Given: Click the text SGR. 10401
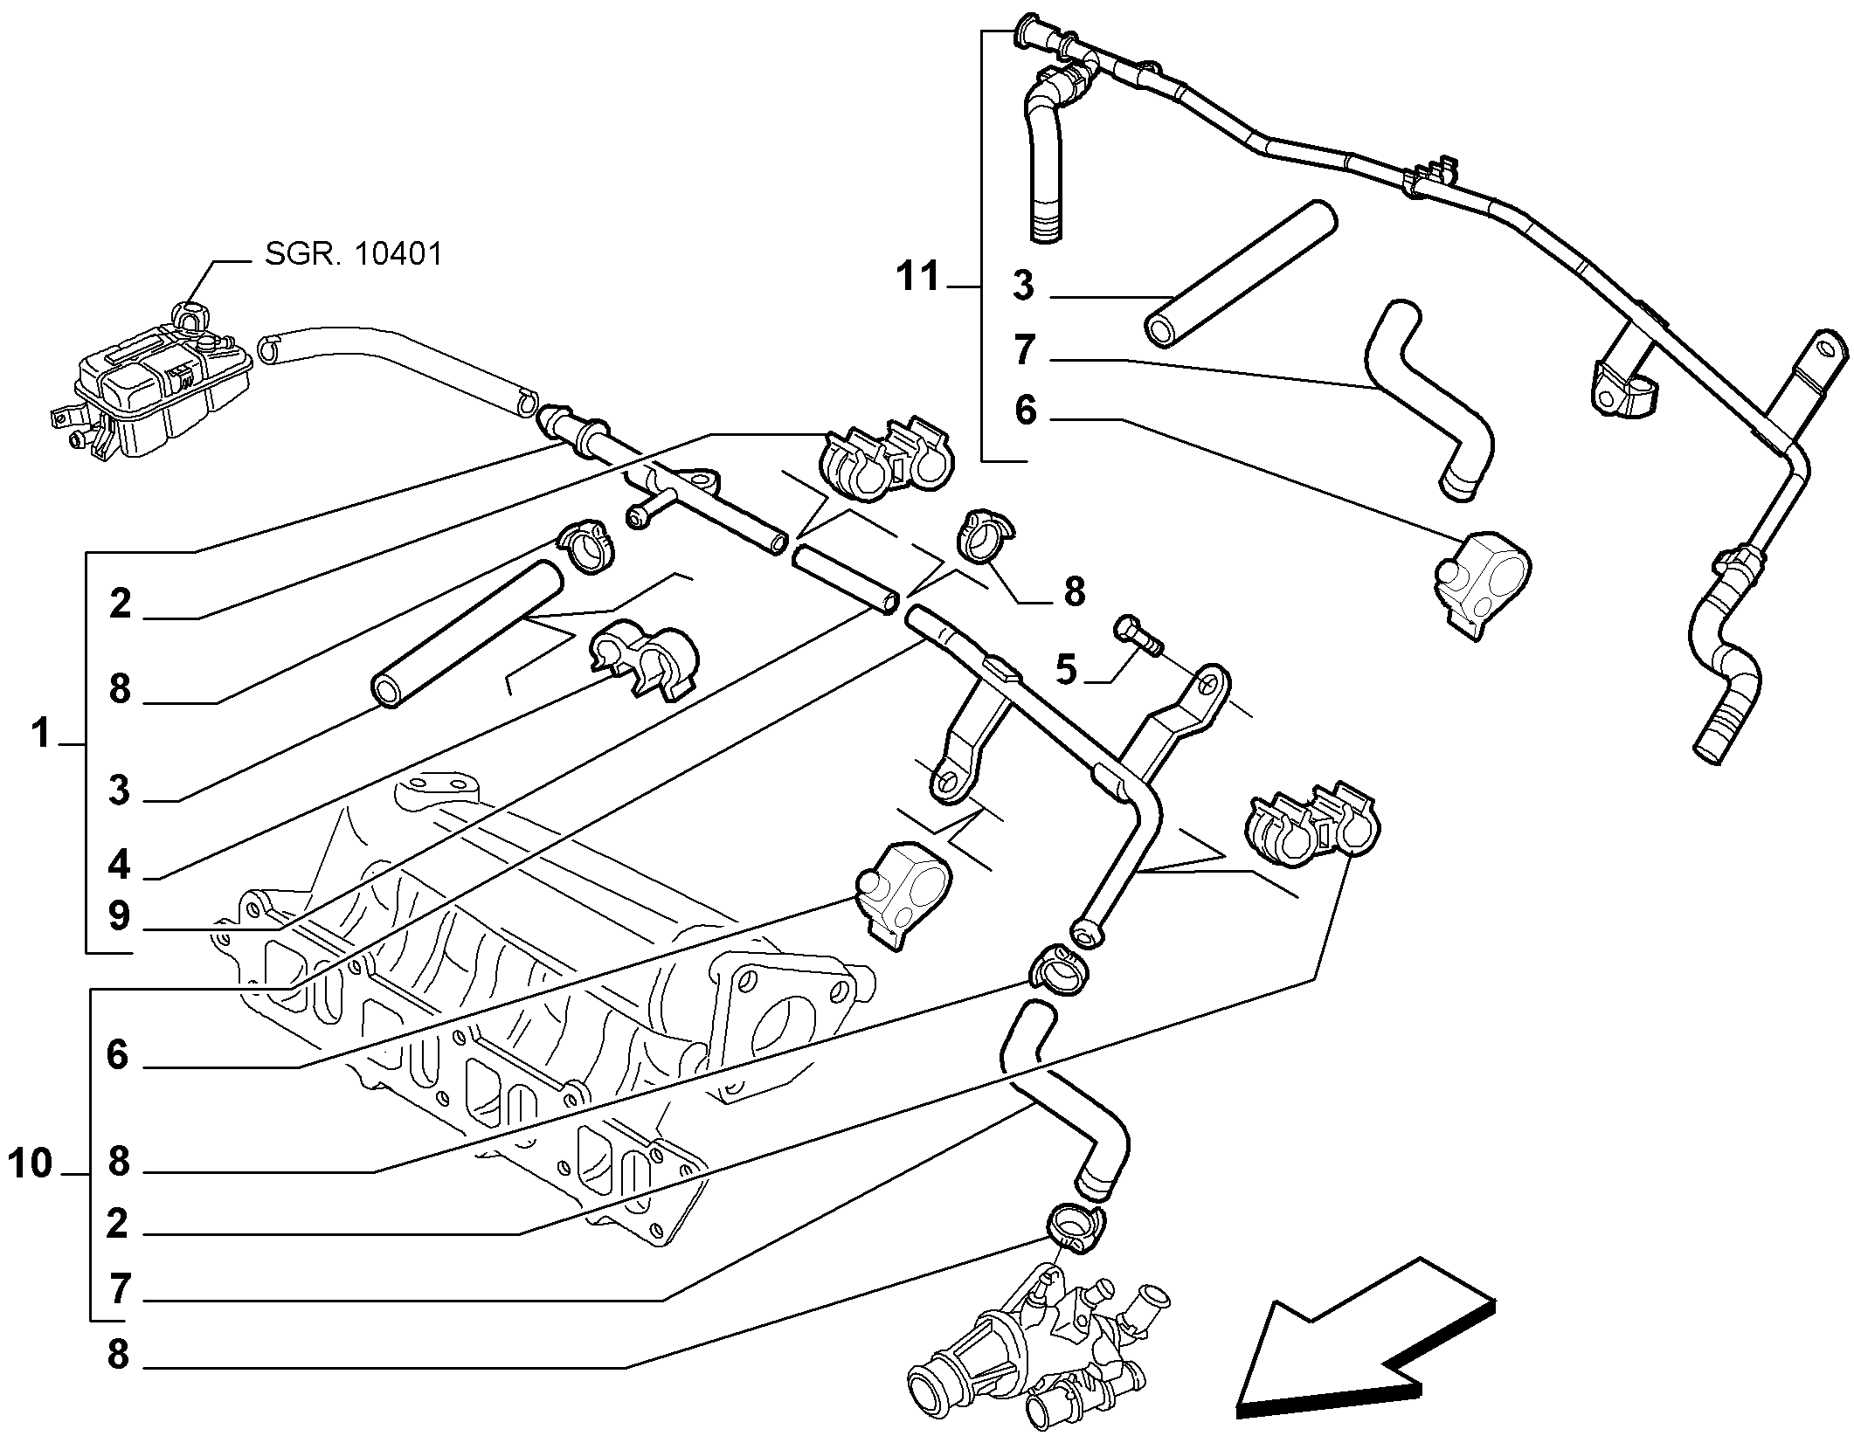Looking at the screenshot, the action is click(354, 254).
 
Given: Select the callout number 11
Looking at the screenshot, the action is click(917, 277).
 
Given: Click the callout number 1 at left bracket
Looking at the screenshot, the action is click(40, 735).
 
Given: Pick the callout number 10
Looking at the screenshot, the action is click(31, 1164).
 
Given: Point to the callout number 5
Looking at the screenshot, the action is click(1066, 670).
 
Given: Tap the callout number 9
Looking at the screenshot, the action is click(120, 916).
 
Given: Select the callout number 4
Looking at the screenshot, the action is click(120, 865).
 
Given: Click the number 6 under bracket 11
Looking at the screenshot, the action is click(1025, 411).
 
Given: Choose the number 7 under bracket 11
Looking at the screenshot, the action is click(1025, 350).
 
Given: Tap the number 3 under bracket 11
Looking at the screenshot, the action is click(1023, 287).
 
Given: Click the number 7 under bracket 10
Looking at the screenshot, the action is click(120, 1290).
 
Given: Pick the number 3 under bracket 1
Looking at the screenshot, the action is click(119, 791).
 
